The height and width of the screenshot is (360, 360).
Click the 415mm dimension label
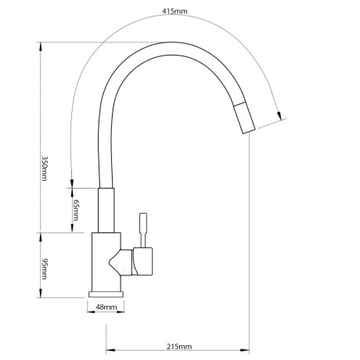pos(175,11)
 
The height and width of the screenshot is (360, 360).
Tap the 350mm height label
pos(45,168)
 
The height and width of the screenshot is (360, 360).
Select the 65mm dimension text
pos(76,210)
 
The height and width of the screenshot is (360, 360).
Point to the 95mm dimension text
pos(45,269)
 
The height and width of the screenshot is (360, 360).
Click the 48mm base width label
pos(106,307)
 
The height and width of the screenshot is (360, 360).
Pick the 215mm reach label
pos(179,347)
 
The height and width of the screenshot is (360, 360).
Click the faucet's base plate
pos(106,294)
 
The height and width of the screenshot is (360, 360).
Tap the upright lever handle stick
pos(143,230)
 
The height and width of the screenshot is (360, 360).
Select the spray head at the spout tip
pos(244,118)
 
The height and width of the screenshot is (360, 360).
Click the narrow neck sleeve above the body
pos(106,210)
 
